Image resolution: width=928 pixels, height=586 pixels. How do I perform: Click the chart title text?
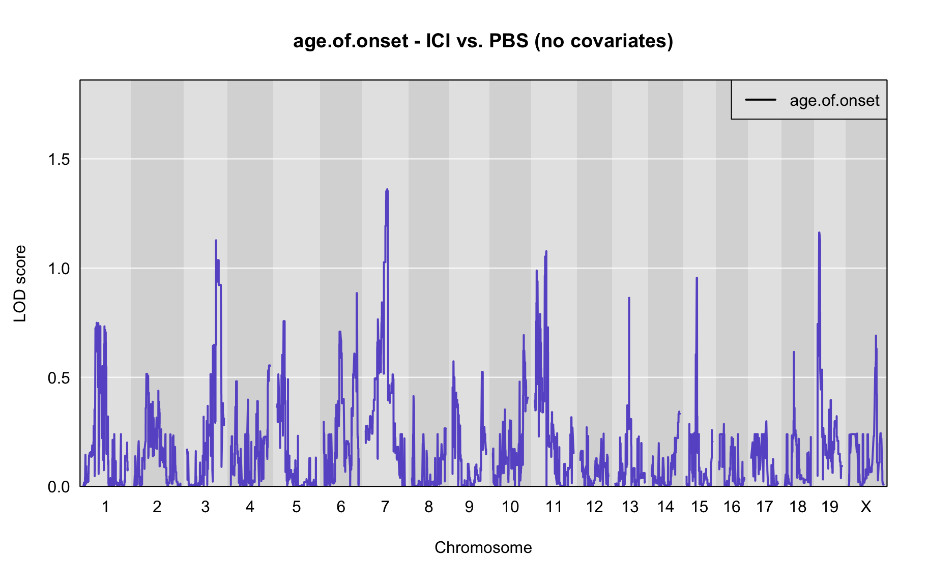point(483,41)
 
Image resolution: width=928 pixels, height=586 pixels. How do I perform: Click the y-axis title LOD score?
point(20,283)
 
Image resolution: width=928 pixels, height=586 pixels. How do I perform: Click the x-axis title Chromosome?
point(483,547)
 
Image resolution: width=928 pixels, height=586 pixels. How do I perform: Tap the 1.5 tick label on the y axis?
point(59,159)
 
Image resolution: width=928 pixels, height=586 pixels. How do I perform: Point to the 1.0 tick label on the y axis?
point(59,269)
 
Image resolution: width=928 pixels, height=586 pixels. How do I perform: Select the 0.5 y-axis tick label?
point(59,377)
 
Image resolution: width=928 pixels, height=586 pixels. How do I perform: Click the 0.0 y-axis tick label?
point(59,487)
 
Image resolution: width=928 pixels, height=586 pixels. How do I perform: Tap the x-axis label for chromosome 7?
point(385,507)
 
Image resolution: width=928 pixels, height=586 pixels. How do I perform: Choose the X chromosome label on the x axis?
point(866,507)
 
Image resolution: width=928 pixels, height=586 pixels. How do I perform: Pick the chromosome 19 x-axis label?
point(830,507)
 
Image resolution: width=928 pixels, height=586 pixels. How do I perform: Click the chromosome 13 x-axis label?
point(630,507)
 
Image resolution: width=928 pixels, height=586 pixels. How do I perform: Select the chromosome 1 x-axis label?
point(105,507)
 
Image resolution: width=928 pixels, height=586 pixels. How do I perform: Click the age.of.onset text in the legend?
point(834,101)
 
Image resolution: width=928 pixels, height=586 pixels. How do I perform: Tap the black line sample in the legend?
point(761,100)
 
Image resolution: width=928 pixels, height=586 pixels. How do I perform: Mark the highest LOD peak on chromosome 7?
point(387,190)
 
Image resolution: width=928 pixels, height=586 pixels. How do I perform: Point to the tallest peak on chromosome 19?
point(819,233)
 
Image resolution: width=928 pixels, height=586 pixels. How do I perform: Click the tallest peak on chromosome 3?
point(216,241)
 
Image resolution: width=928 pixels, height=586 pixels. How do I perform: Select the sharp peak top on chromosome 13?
point(629,298)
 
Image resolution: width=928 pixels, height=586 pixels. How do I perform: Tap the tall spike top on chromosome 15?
point(697,278)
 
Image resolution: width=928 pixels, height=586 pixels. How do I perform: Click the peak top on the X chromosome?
point(876,336)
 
